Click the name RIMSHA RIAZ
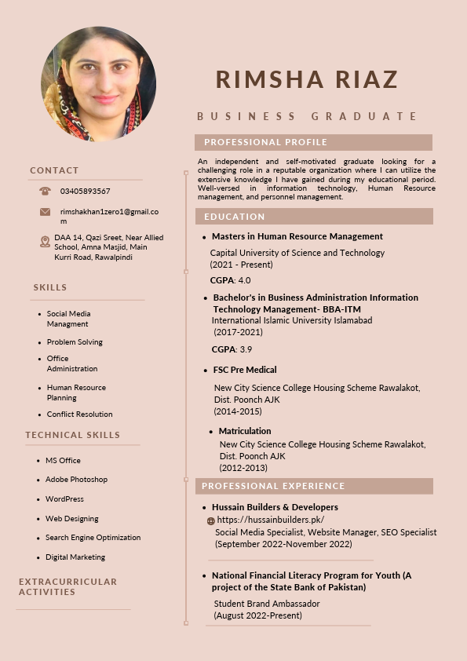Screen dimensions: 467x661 tap(307, 79)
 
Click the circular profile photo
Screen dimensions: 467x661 tap(99, 84)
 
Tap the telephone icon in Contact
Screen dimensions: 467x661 tap(45, 191)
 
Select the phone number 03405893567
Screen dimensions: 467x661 tap(85, 191)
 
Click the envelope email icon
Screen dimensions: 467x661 tap(45, 212)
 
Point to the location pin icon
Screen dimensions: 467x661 tap(45, 242)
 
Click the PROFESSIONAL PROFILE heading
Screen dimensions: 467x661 tap(265, 142)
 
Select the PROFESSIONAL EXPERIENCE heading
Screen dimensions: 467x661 tap(273, 486)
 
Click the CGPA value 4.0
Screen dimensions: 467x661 tap(244, 280)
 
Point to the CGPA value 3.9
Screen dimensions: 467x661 tap(246, 349)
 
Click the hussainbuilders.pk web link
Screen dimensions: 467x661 tap(270, 520)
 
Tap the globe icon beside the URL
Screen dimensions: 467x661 tap(210, 520)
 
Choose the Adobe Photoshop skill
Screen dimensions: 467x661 tap(76, 480)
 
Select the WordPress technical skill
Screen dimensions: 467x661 tap(64, 499)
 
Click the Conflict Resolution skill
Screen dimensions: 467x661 tap(79, 414)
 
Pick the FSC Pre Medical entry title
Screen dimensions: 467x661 tap(245, 370)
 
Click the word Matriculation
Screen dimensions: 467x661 tap(245, 431)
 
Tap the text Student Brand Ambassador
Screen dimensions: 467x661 tap(267, 604)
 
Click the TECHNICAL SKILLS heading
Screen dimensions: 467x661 tap(73, 435)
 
